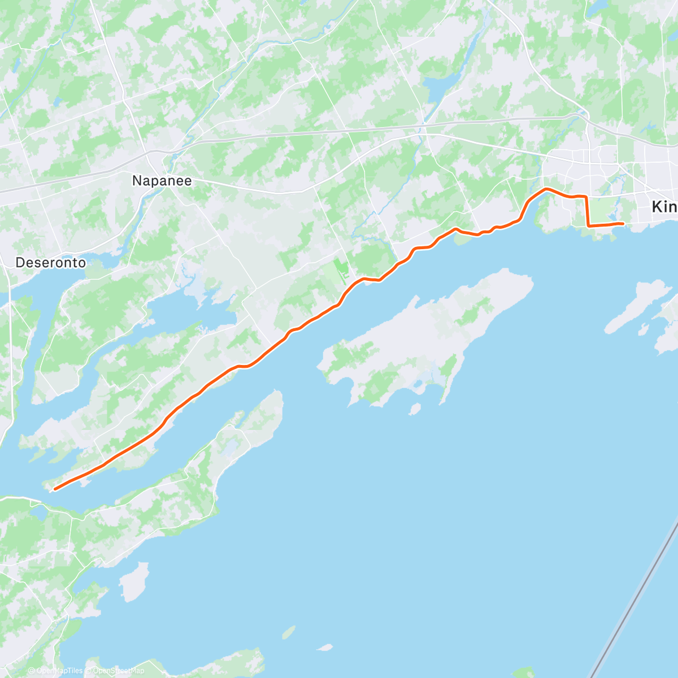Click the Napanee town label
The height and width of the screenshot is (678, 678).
162,181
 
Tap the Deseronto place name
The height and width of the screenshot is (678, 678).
51,263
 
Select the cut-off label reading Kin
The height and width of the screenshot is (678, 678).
664,207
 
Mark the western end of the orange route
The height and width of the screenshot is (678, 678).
54,489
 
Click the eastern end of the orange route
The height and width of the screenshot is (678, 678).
623,224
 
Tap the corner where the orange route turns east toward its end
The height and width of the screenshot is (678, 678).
589,225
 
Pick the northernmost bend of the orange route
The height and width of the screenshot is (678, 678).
546,189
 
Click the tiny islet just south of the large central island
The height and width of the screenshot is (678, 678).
415,408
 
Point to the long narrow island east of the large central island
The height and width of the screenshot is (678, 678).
638,305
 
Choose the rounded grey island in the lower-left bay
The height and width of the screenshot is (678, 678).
134,581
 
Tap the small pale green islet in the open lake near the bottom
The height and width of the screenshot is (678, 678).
289,632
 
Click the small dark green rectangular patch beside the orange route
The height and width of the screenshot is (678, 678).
341,269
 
